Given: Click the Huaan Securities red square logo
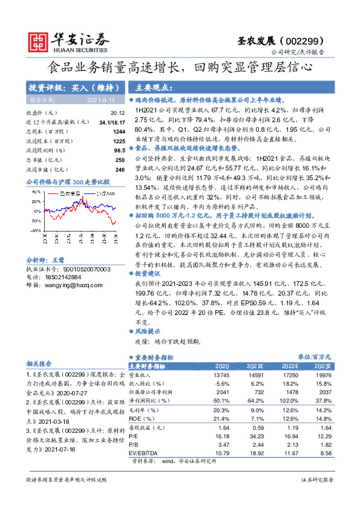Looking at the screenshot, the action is [40, 41].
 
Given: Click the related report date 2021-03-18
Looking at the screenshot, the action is [64, 423].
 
